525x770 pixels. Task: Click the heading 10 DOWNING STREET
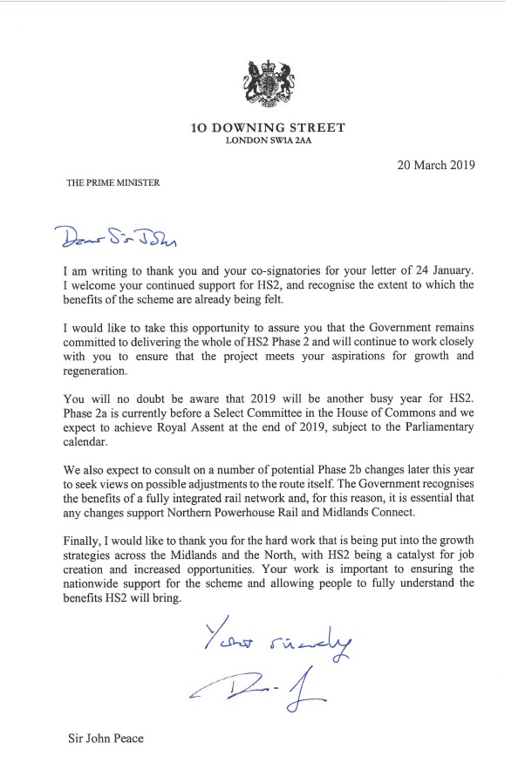click(269, 128)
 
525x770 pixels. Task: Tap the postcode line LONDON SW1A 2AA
click(269, 141)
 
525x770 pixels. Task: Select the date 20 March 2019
click(419, 165)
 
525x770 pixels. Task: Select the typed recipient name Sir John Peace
click(106, 739)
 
